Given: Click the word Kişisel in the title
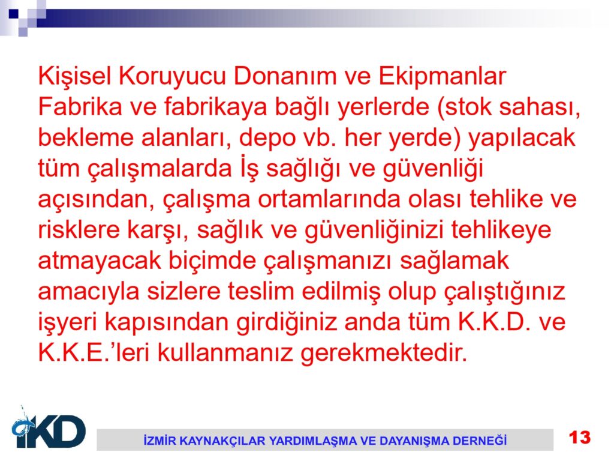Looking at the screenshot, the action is click(x=75, y=76).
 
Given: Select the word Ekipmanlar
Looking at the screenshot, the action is click(x=442, y=76).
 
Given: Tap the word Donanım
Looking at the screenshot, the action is click(x=285, y=76).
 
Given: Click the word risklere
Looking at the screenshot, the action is click(x=79, y=230).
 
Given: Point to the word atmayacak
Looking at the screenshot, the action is click(x=100, y=261).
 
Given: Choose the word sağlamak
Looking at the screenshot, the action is click(x=455, y=261).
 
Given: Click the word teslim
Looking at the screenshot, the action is click(x=261, y=292).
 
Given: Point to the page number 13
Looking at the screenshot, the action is click(x=580, y=438).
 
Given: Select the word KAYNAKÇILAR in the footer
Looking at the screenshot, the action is click(x=221, y=441).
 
